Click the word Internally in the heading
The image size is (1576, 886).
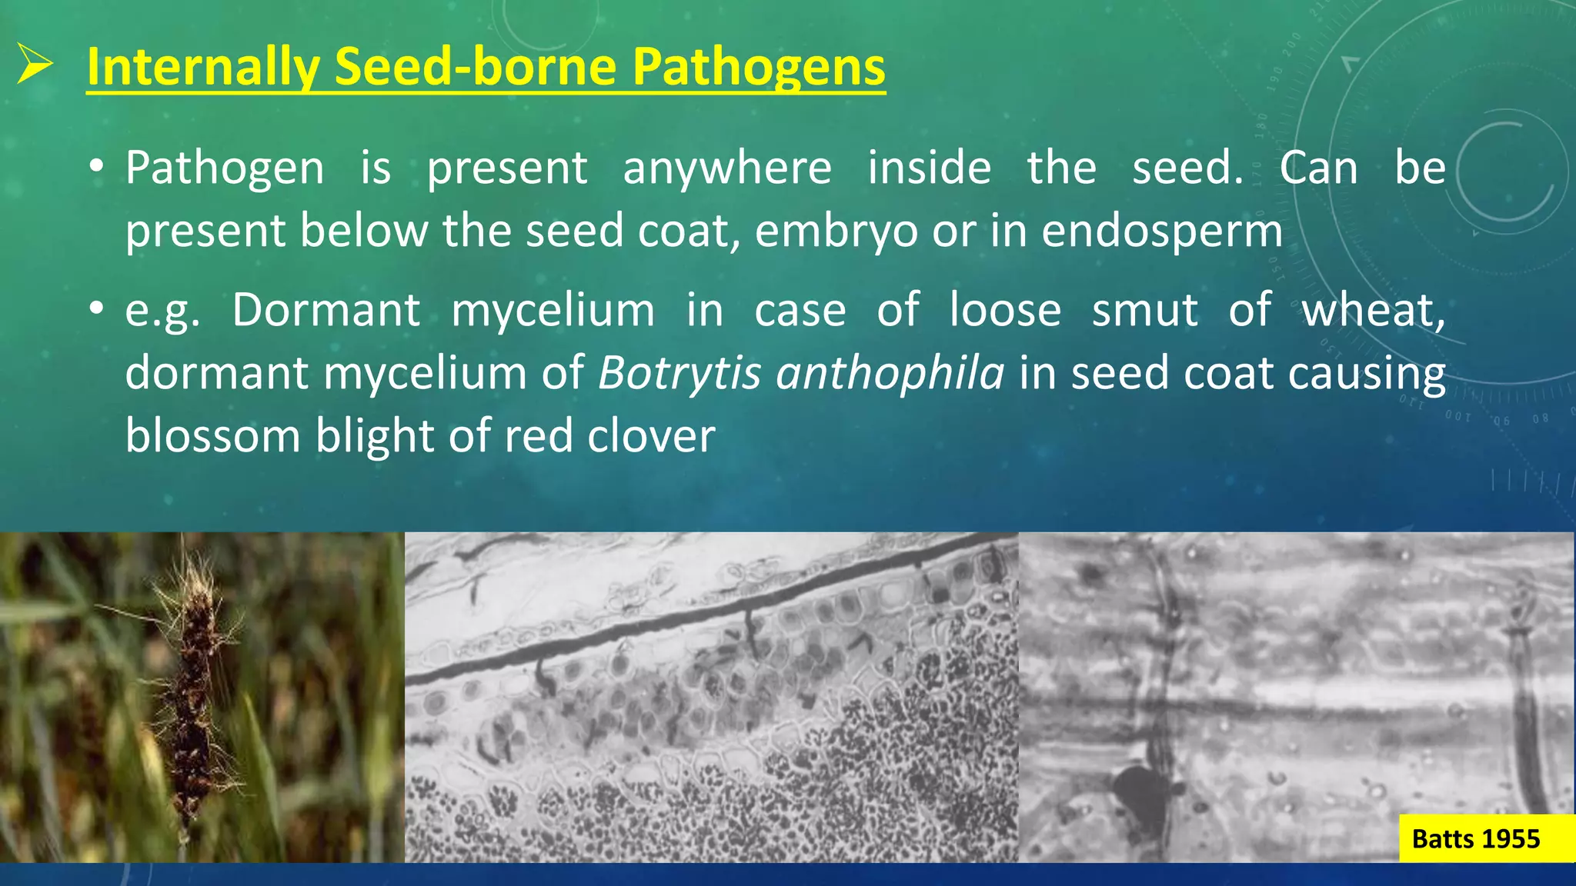point(203,67)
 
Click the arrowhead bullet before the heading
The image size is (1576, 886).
point(35,64)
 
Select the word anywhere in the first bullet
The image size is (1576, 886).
point(726,168)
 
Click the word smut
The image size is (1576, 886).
point(1144,310)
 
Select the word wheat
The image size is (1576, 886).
point(1371,310)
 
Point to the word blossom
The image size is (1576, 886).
point(212,436)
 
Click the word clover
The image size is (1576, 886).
point(651,436)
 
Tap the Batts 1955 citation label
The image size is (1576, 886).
point(1475,838)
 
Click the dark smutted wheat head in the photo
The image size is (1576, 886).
point(192,692)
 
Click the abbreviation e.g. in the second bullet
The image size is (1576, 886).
point(162,311)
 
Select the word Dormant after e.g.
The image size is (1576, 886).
point(326,310)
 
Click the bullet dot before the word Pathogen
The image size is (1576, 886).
point(95,167)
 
